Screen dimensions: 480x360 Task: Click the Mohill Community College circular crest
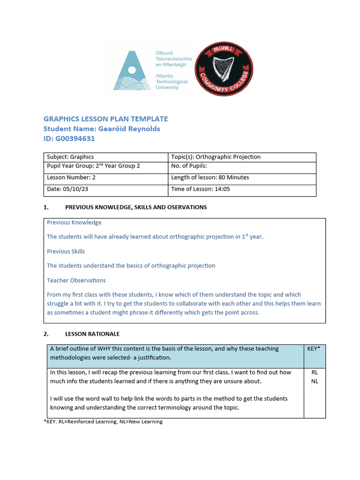pos(224,68)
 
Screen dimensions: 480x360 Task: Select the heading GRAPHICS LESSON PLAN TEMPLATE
pos(105,119)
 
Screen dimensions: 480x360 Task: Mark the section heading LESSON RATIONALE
pos(92,334)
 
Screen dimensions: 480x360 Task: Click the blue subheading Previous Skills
pos(66,251)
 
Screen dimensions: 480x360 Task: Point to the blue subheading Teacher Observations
pos(76,280)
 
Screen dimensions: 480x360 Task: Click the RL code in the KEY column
pos(315,372)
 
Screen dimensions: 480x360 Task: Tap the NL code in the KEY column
pos(315,381)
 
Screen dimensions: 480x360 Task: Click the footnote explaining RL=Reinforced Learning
pos(103,422)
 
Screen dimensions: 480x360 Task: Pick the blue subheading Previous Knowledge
pos(74,222)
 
